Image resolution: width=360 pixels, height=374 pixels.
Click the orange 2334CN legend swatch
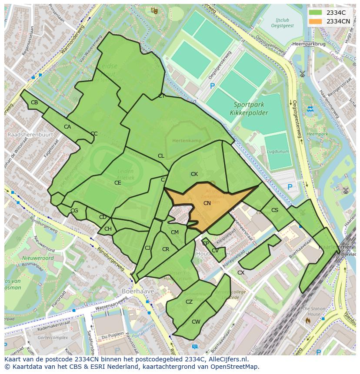coord(316,21)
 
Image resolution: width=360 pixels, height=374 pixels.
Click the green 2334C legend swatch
coord(316,13)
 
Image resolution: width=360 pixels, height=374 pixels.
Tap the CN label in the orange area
coord(207,203)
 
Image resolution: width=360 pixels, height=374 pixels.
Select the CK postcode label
coord(194,174)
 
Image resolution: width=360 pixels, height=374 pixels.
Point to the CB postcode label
coord(34,103)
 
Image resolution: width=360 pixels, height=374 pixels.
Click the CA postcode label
coord(67,127)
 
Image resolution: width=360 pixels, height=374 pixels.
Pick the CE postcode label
coord(118,183)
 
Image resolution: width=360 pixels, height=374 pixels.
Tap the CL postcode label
coord(161,156)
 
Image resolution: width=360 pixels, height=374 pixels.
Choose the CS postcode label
coord(275,210)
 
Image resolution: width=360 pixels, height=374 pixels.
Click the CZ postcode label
coord(189,302)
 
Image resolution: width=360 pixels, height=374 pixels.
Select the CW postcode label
coord(196,322)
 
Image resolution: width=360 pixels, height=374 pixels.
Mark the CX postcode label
coord(240,273)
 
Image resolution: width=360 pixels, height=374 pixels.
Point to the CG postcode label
coord(74,211)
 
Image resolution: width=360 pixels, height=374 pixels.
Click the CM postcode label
coord(175,232)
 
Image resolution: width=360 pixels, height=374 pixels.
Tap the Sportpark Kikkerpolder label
coord(251,109)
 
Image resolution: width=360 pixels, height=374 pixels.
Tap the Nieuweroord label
coord(38,258)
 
